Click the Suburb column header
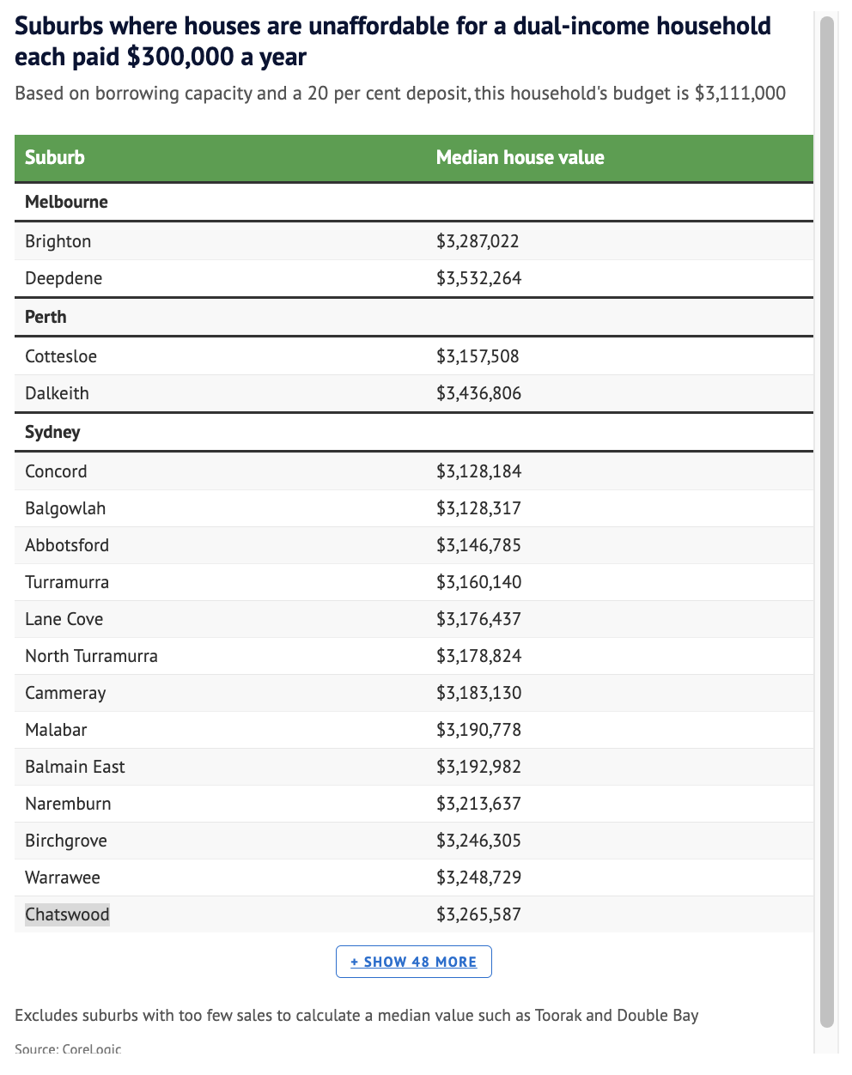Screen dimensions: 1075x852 click(55, 157)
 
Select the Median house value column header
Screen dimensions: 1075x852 click(520, 157)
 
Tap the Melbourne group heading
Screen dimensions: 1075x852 click(66, 202)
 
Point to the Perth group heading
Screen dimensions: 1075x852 click(46, 317)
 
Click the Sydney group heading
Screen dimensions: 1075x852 click(52, 432)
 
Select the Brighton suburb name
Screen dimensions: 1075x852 click(58, 241)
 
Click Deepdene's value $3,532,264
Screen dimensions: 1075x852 click(478, 278)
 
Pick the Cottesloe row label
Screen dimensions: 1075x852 click(61, 356)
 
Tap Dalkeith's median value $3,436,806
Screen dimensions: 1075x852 click(478, 393)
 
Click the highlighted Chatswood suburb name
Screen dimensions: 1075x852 click(67, 914)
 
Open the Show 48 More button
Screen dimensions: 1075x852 click(413, 962)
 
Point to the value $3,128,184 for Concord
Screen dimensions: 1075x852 click(478, 471)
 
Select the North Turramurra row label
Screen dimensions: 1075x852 click(91, 656)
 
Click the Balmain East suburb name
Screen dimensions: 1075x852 click(75, 767)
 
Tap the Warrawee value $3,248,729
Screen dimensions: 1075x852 click(478, 878)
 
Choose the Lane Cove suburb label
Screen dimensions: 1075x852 click(64, 619)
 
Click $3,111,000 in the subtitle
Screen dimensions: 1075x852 click(739, 93)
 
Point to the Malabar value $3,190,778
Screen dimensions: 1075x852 click(478, 730)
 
